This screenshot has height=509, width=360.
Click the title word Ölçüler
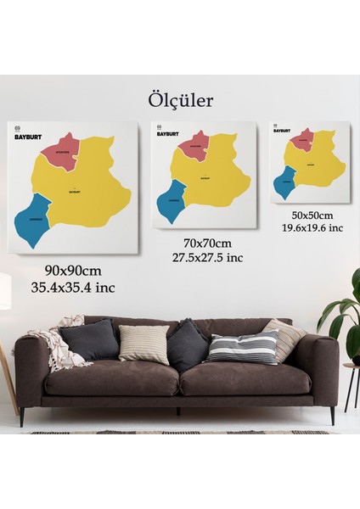(x=180, y=101)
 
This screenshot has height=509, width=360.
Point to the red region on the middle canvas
(x=191, y=143)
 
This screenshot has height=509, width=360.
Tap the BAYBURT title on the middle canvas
(x=168, y=133)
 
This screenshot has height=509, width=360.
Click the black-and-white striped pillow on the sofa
(x=243, y=346)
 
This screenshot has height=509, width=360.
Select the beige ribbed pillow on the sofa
(x=143, y=344)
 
